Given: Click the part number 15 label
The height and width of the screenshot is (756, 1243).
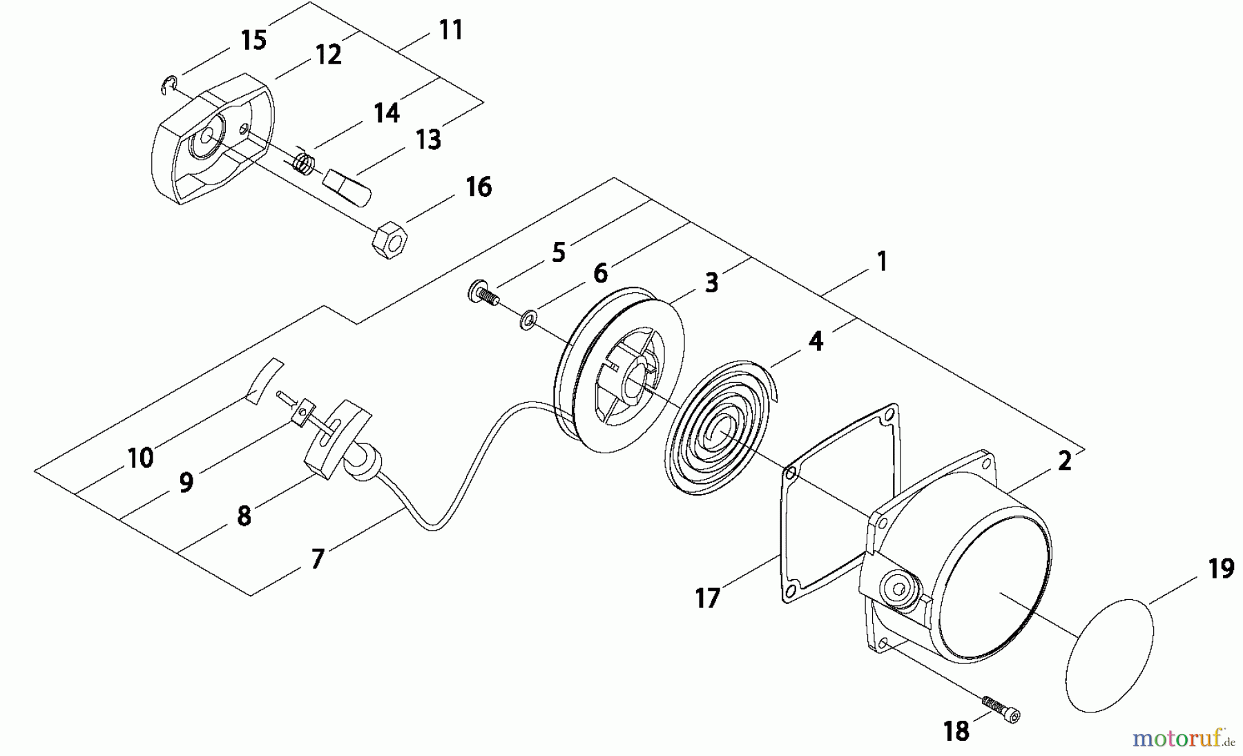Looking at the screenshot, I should click(253, 39).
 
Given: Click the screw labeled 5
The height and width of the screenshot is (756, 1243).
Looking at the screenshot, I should click(482, 293).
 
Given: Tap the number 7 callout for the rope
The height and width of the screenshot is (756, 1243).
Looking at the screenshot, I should click(317, 558).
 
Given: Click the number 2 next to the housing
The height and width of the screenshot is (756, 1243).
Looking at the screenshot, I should click(1065, 461).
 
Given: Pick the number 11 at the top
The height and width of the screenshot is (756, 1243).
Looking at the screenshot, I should click(451, 30).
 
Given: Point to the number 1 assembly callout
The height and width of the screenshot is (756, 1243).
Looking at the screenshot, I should click(881, 261).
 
